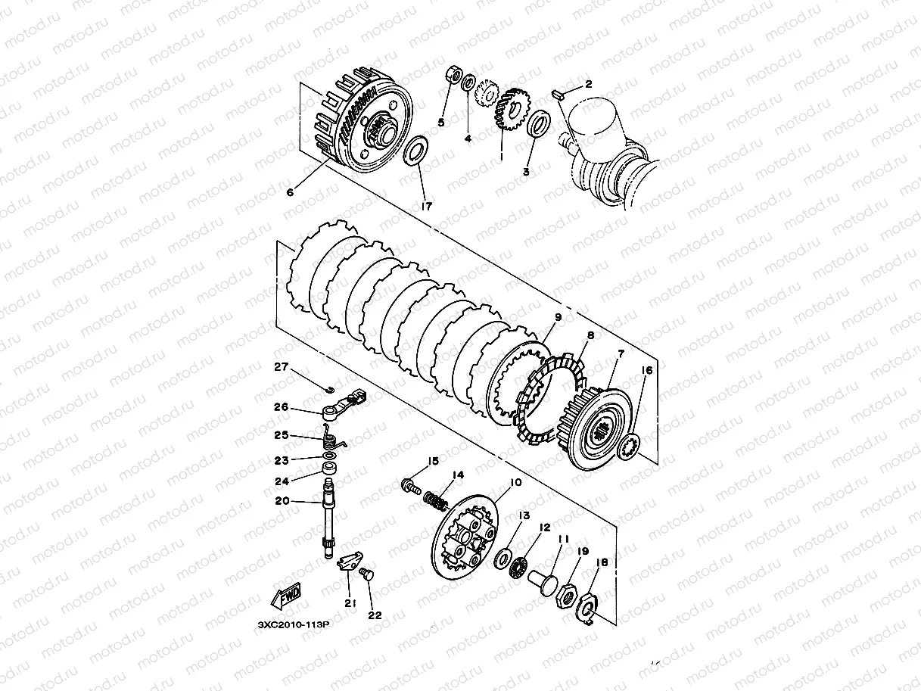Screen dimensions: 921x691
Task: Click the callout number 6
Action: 290,192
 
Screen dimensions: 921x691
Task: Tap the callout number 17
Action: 426,207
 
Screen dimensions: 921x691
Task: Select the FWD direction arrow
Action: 286,595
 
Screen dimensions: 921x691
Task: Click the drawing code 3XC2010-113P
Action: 294,624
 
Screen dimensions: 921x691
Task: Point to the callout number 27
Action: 281,366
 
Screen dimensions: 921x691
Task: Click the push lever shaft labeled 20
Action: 328,519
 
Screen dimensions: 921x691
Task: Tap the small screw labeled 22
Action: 367,574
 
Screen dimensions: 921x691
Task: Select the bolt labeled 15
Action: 411,487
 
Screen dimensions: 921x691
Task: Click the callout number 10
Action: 515,482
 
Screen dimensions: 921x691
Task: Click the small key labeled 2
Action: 558,94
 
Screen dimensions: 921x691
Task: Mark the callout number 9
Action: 558,317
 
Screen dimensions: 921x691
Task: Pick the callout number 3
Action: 526,172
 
